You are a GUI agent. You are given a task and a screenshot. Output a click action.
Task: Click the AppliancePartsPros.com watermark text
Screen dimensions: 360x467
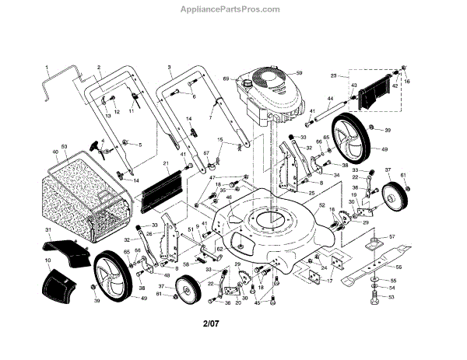coord(233,9)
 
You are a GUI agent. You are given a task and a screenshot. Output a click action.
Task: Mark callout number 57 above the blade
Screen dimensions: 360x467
coord(392,236)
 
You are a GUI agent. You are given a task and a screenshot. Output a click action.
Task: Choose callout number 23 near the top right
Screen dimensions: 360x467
coord(334,75)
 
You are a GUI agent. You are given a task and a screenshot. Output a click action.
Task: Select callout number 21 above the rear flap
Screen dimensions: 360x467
coord(165,163)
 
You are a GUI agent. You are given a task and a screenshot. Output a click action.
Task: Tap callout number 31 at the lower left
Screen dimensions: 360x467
coord(47,231)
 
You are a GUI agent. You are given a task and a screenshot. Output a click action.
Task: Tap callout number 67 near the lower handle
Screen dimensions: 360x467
coord(207,153)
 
